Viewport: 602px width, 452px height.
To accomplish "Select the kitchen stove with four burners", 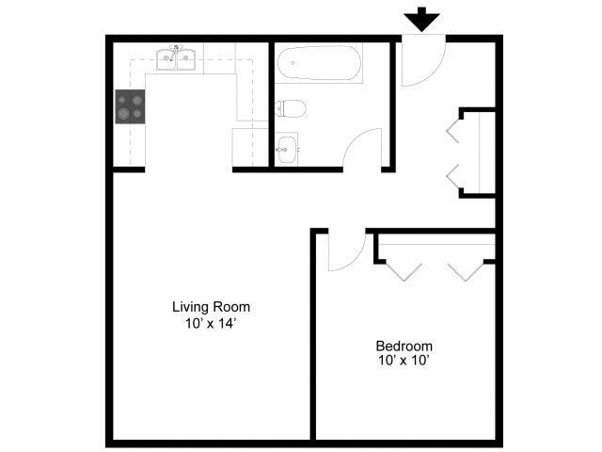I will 130,106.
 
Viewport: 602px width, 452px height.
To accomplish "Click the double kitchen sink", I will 176,59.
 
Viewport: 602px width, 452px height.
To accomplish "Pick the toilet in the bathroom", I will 290,109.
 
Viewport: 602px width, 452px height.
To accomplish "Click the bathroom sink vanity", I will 287,149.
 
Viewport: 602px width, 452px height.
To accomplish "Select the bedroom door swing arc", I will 345,251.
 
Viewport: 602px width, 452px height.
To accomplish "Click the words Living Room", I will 211,307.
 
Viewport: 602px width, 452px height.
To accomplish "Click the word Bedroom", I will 404,345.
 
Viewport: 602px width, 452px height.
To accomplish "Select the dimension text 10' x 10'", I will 404,360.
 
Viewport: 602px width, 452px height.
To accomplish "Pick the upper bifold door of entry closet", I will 453,129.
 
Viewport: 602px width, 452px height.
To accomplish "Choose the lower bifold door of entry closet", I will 453,175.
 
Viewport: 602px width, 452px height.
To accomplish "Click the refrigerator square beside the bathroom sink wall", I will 250,148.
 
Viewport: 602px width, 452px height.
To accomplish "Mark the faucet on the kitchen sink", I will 175,49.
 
